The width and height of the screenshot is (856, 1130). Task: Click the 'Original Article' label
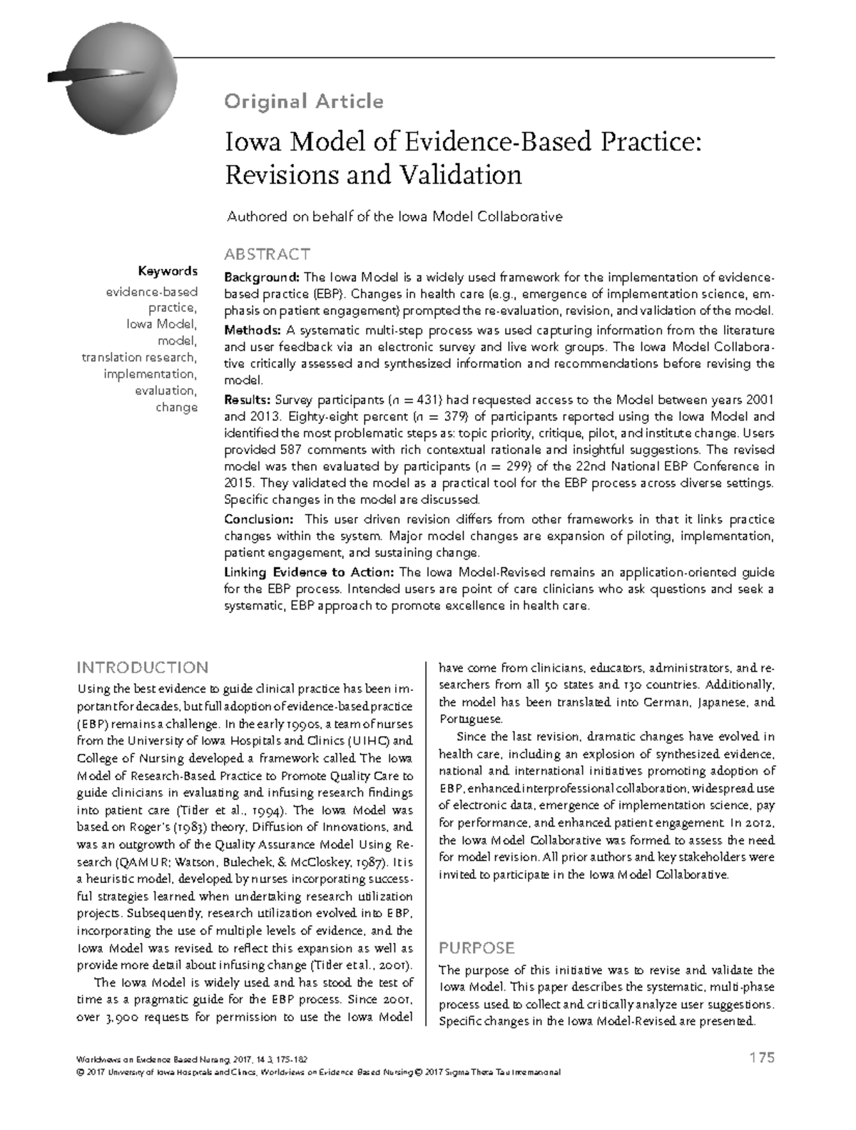pyautogui.click(x=304, y=101)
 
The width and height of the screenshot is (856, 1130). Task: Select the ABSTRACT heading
pyautogui.click(x=267, y=254)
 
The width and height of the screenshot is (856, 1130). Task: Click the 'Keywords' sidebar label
pyautogui.click(x=168, y=271)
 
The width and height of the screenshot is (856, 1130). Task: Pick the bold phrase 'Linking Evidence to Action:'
pyautogui.click(x=310, y=572)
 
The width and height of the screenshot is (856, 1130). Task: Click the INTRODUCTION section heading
pyautogui.click(x=143, y=667)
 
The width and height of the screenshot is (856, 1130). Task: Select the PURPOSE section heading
pyautogui.click(x=477, y=948)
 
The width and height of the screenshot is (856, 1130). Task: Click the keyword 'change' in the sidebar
pyautogui.click(x=176, y=408)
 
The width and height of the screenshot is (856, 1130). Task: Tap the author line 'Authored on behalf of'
pyautogui.click(x=394, y=216)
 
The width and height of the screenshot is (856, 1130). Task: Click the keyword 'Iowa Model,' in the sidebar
pyautogui.click(x=161, y=324)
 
